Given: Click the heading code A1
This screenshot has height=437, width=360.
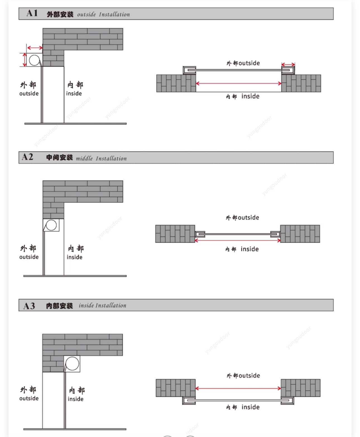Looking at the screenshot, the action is pos(32,13).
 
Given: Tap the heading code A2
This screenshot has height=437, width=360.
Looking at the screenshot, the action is pos(27,157).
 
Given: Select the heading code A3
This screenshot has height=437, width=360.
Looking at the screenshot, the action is pos(29,306).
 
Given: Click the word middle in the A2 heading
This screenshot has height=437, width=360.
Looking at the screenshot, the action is pos(84,158).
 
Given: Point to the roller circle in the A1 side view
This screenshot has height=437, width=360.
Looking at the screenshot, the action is pos(34,60).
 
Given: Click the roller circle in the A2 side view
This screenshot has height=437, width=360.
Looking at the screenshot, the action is pos(51,225).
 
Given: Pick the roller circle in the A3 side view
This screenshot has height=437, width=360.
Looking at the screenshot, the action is pos(72,363).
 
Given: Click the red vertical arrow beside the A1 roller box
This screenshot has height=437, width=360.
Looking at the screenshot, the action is pos(25,60).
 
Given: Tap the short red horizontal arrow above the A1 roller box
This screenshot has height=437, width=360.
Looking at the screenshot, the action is pos(35,48).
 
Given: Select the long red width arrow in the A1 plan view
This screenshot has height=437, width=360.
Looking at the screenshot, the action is pos(239,83).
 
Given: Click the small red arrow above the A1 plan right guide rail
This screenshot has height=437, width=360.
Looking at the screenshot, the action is pos(288,64).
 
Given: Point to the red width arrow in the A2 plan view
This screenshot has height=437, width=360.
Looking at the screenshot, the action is pos(238,240).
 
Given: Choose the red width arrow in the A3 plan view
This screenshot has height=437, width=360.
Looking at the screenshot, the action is pos(238,388).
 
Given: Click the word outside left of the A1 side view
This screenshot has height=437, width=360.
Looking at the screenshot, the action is pos(29,93).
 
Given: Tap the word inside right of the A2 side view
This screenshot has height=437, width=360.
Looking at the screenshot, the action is pos(75,257).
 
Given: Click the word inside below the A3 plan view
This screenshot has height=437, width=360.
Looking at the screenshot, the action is pos(251,407).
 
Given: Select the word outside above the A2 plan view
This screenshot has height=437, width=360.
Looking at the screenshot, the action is pos(248,217).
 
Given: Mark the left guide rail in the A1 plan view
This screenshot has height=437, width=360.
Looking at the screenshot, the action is pos(189,70).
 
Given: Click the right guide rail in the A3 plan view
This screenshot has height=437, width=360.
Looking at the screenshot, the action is pos(287,400).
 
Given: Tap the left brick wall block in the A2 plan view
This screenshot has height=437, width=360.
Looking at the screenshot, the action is pos(175,234).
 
